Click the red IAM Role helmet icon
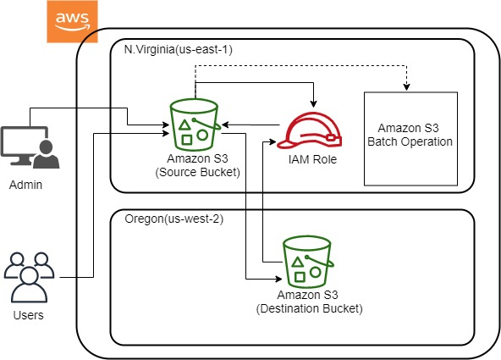click(x=311, y=132)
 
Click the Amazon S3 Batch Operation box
click(x=410, y=139)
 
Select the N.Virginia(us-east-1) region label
click(x=173, y=49)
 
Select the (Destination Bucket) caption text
click(x=309, y=309)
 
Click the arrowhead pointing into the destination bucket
click(x=278, y=277)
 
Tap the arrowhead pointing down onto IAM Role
click(x=313, y=104)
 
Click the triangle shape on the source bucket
click(x=185, y=125)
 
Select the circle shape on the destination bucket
click(x=316, y=273)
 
